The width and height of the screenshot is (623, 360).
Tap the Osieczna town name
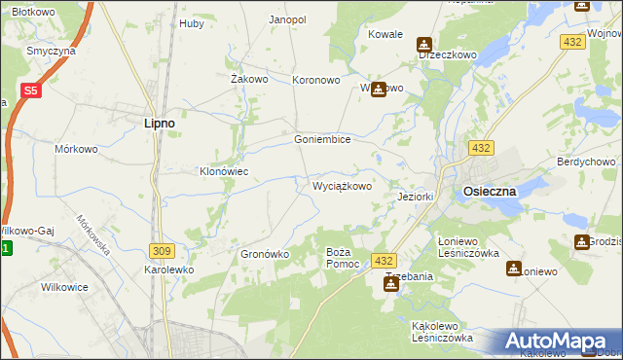click(x=490, y=192)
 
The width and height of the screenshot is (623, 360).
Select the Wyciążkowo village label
click(x=341, y=185)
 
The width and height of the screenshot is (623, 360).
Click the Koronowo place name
click(x=316, y=81)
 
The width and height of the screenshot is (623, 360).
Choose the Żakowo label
click(x=248, y=80)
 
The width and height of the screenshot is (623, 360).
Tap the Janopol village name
click(x=287, y=19)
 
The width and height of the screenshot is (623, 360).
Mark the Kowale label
click(x=385, y=34)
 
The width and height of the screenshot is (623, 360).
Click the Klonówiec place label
click(x=225, y=171)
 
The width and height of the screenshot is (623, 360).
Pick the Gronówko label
click(x=265, y=254)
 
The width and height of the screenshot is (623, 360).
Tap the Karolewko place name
click(x=169, y=270)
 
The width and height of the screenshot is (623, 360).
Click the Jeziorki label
click(x=416, y=197)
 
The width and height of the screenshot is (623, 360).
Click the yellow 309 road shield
click(x=162, y=250)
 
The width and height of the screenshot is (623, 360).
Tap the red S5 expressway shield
click(x=30, y=91)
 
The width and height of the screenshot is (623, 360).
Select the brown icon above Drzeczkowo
click(x=424, y=44)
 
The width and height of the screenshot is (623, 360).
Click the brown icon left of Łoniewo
click(x=513, y=270)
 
